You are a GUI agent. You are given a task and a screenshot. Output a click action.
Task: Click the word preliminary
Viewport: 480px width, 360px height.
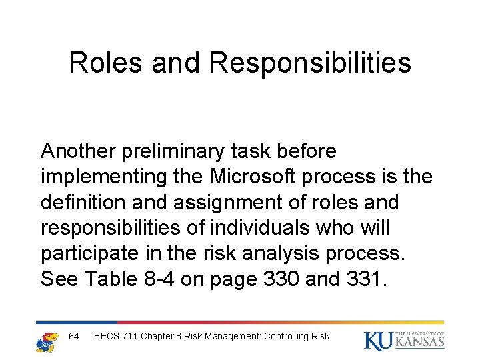pos(175,152)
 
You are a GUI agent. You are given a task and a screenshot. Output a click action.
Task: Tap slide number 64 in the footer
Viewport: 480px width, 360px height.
pos(74,336)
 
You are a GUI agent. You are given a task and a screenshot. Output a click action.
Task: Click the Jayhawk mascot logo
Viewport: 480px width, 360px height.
pos(46,340)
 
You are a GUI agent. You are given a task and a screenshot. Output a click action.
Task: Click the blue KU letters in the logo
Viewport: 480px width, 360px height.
pos(379,340)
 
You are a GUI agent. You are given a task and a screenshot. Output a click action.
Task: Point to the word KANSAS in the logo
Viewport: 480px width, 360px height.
pos(420,342)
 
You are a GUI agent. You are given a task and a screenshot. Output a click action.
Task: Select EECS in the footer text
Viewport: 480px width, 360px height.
pos(107,336)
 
